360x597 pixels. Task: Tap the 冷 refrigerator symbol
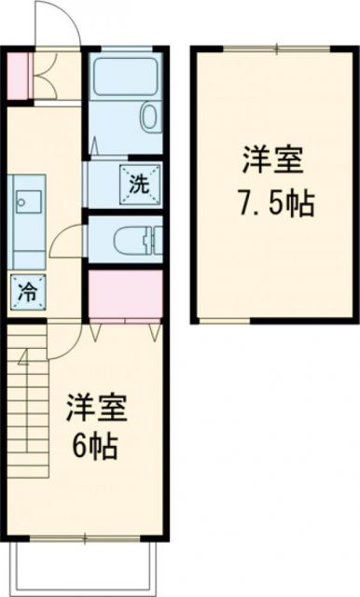pyautogui.click(x=27, y=290)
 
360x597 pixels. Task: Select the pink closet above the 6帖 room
pyautogui.click(x=126, y=293)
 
